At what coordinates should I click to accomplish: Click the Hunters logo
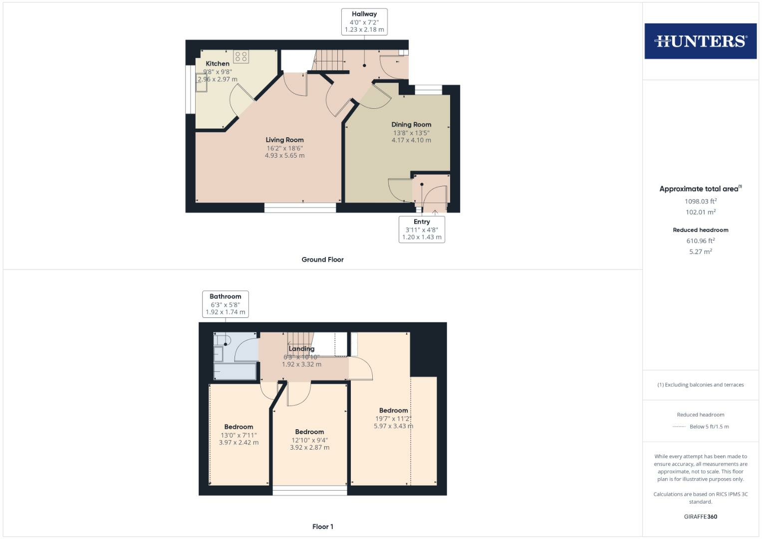[700, 41]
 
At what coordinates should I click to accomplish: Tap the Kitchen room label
[218, 64]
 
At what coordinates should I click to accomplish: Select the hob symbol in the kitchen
[241, 56]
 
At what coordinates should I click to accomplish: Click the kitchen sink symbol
[202, 83]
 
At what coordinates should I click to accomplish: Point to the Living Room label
[284, 140]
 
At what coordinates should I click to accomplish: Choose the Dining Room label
[411, 125]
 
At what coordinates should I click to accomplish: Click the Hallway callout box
[364, 22]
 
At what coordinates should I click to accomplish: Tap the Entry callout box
[422, 230]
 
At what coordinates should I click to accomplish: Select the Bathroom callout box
[225, 304]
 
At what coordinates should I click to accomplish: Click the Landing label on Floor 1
[301, 349]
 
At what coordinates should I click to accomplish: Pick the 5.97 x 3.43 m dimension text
[393, 426]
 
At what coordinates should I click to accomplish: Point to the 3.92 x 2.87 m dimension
[309, 448]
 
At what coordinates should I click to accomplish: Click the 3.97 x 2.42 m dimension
[239, 443]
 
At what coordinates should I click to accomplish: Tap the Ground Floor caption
[322, 260]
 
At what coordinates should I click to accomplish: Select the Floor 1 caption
[322, 527]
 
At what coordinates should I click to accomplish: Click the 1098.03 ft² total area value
[700, 202]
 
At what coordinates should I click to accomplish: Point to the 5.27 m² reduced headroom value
[700, 252]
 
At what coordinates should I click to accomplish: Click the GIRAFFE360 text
[700, 517]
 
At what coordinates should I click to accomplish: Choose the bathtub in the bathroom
[235, 372]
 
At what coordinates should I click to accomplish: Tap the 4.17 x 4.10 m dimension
[411, 140]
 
